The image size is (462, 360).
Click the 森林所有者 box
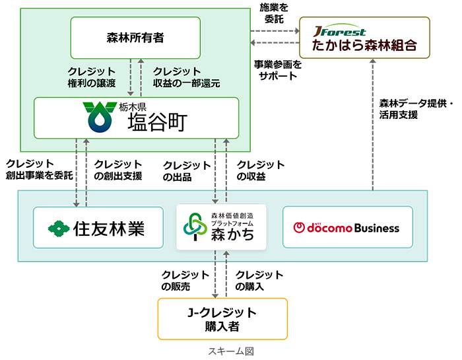click(135, 38)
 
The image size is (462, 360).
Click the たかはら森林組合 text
click(364, 46)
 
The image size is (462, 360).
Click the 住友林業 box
click(98, 227)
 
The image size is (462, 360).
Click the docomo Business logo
click(346, 227)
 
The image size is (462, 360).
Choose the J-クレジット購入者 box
click(222, 318)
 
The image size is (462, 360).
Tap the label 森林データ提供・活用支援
click(416, 109)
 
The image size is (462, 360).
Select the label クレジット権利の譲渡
click(92, 77)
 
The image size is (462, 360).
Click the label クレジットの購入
click(259, 281)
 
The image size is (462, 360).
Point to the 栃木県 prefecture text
click(135, 107)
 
